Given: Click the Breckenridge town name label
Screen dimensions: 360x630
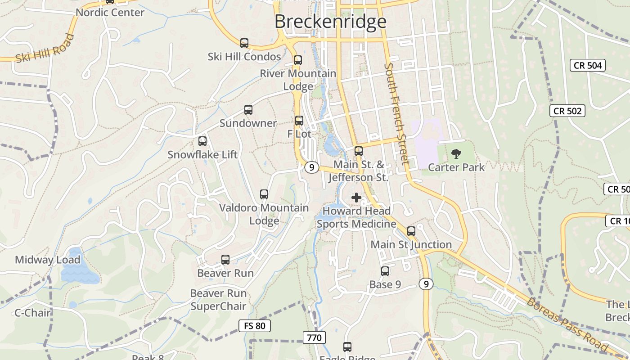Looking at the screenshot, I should pyautogui.click(x=330, y=22).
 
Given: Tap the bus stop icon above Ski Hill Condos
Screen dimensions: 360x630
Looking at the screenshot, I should pyautogui.click(x=244, y=43).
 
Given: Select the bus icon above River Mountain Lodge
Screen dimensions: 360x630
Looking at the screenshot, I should pyautogui.click(x=297, y=60).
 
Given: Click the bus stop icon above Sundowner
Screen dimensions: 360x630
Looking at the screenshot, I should pyautogui.click(x=248, y=110).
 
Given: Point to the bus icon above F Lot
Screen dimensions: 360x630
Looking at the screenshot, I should pyautogui.click(x=299, y=121).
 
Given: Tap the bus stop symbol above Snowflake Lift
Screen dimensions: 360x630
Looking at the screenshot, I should pyautogui.click(x=202, y=141).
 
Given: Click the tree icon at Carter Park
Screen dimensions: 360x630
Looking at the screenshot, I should pyautogui.click(x=456, y=154).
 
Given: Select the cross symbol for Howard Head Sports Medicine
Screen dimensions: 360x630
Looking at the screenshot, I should pyautogui.click(x=356, y=197).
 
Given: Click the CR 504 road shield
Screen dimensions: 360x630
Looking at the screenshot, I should pyautogui.click(x=588, y=65).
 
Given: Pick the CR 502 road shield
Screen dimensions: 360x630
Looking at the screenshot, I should pyautogui.click(x=567, y=111).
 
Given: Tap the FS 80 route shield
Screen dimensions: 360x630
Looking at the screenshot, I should pyautogui.click(x=254, y=325).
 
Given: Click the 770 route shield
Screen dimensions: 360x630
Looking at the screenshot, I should pyautogui.click(x=314, y=337).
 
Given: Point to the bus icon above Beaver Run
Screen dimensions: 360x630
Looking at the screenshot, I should pyautogui.click(x=225, y=260).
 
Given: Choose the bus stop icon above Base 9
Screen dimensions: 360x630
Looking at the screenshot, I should pyautogui.click(x=385, y=271).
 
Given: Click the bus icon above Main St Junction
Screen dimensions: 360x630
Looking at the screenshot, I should pyautogui.click(x=411, y=231).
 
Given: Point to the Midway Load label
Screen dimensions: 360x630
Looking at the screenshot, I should pyautogui.click(x=47, y=260).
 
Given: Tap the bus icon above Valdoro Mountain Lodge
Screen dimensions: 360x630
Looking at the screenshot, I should pyautogui.click(x=264, y=194).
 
